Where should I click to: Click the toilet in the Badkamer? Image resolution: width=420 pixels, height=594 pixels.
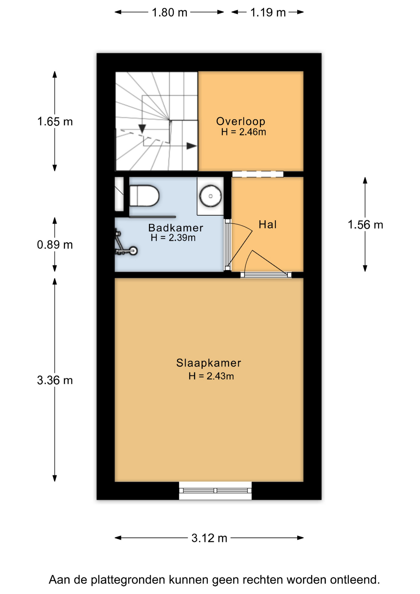(x=144, y=196)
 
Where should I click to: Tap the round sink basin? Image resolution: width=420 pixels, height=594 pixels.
(x=210, y=196)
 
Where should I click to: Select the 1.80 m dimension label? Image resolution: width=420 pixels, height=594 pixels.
(x=169, y=13)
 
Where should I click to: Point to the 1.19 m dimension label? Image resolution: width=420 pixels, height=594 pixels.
(x=268, y=13)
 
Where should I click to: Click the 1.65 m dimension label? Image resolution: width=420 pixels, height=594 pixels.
(x=55, y=122)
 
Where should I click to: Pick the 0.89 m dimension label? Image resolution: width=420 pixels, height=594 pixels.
(x=55, y=245)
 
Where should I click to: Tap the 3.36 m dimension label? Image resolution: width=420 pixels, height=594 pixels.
(x=55, y=380)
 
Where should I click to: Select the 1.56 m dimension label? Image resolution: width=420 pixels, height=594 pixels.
(x=365, y=225)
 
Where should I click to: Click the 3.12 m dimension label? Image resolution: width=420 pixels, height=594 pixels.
(x=209, y=538)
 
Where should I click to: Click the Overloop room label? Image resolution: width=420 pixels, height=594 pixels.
(x=241, y=121)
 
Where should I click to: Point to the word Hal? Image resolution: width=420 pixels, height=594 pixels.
(x=268, y=224)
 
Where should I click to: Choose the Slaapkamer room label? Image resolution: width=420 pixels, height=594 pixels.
(x=209, y=363)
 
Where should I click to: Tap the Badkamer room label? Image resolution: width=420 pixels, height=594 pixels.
(x=176, y=228)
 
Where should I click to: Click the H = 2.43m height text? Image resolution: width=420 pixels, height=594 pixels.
(x=211, y=376)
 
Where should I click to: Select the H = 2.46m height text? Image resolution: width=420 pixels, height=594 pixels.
(x=244, y=132)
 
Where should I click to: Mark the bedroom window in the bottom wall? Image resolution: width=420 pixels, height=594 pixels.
(x=215, y=490)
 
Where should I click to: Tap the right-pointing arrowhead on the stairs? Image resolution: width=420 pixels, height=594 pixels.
(x=192, y=146)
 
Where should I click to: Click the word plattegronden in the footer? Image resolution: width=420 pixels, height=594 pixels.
(x=129, y=580)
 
